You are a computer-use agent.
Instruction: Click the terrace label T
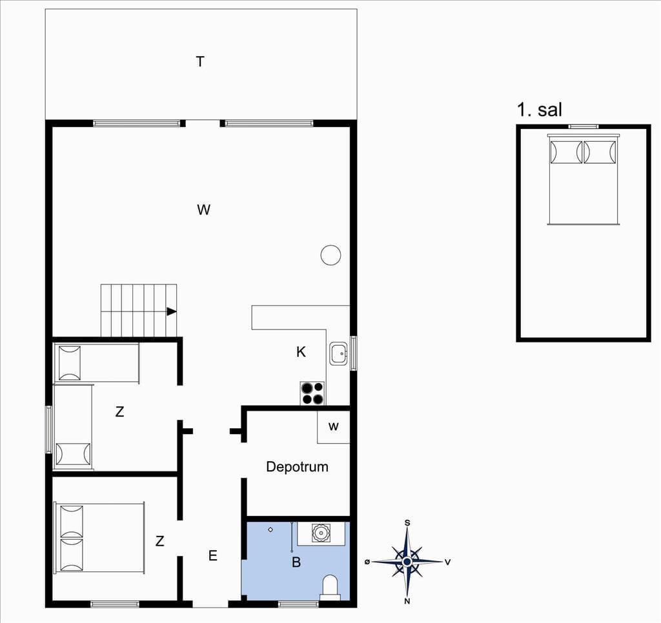[200, 62]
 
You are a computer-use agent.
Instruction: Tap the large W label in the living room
[203, 210]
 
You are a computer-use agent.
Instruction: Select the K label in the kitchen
[301, 351]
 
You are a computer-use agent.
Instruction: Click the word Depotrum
[297, 467]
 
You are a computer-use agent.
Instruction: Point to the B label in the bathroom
[296, 562]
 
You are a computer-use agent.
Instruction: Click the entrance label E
[213, 556]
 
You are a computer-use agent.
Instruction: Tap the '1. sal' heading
[540, 110]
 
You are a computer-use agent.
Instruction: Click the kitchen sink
[338, 353]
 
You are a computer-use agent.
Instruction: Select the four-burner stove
[312, 393]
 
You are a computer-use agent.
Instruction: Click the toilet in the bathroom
[330, 588]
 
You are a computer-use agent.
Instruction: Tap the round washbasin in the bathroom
[320, 533]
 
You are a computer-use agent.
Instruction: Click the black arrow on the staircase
[171, 311]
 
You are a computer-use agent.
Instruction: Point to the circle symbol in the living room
[331, 255]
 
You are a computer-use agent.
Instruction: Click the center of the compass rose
[407, 562]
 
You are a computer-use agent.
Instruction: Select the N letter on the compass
[407, 601]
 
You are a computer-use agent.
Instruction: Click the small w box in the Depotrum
[334, 427]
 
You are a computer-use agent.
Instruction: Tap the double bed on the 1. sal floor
[584, 179]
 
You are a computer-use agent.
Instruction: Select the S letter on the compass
[407, 523]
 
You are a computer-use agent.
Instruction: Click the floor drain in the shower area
[270, 530]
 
